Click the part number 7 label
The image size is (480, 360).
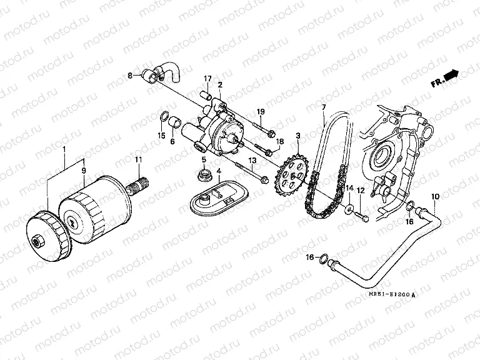pos(324,107)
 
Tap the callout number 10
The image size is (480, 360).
pos(435,197)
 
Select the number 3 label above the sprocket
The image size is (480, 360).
pos(298,135)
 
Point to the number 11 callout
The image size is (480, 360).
pos(139,160)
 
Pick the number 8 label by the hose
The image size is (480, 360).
pos(131,76)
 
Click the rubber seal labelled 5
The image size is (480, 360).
pos(203,174)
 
